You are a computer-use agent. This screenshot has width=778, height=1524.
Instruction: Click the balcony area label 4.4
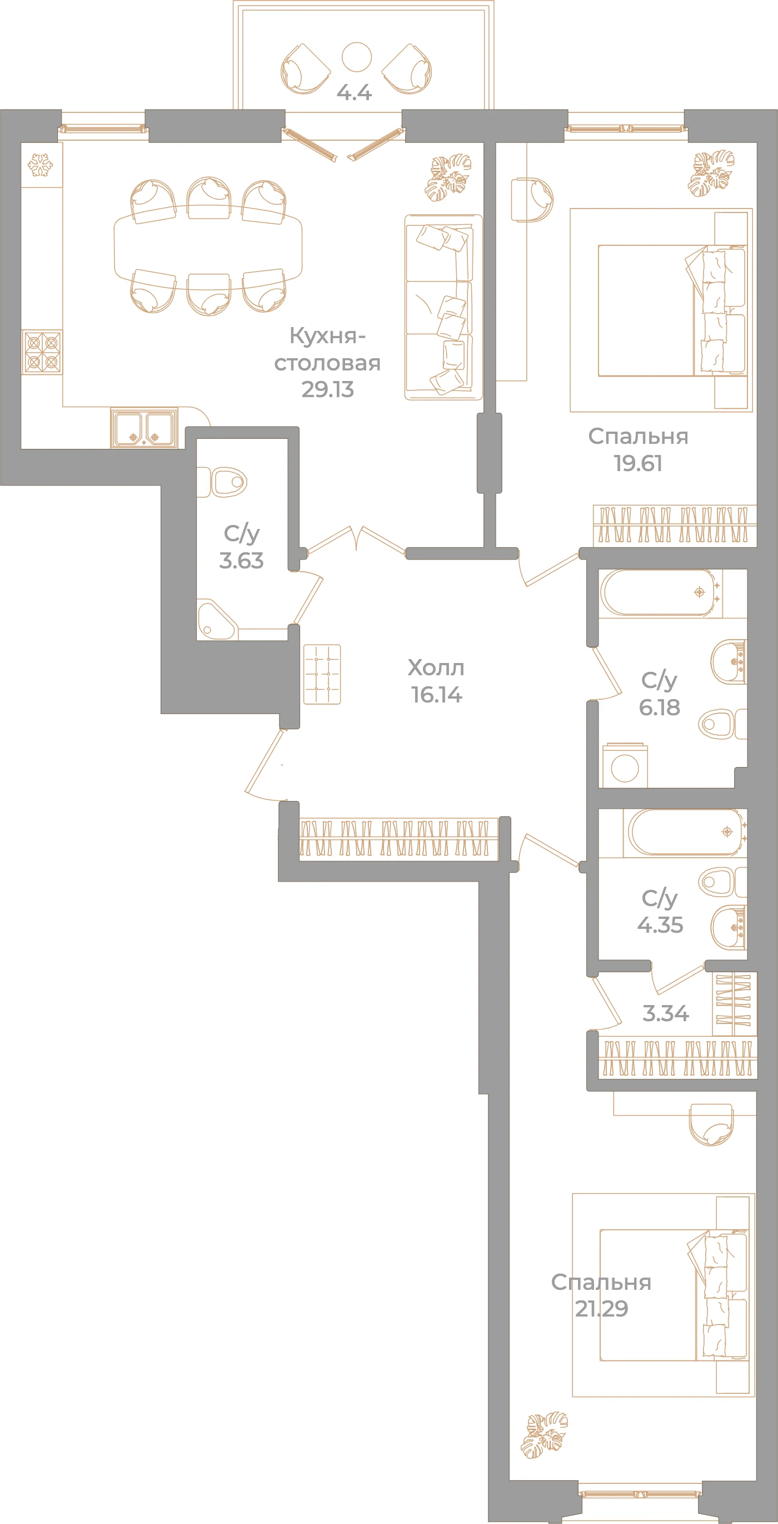(x=354, y=92)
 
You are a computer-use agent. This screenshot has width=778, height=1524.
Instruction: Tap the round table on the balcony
(x=356, y=57)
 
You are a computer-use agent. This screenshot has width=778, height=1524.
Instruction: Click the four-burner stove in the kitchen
(x=42, y=352)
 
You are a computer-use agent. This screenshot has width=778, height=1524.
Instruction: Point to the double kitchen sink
(x=144, y=428)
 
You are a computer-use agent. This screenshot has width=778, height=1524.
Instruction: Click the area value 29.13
(x=327, y=389)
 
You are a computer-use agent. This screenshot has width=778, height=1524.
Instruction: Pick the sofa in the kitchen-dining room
(x=443, y=307)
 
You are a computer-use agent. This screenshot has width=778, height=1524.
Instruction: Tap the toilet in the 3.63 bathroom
(x=222, y=482)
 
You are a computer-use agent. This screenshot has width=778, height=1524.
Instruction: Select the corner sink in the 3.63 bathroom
(x=216, y=620)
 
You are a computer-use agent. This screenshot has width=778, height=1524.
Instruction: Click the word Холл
(x=436, y=668)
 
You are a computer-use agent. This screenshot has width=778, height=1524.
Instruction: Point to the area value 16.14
(x=436, y=695)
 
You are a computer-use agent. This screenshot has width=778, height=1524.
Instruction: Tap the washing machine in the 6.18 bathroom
(x=625, y=766)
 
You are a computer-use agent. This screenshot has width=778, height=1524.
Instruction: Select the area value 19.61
(x=638, y=463)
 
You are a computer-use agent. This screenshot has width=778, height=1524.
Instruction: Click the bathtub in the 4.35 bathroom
(x=685, y=833)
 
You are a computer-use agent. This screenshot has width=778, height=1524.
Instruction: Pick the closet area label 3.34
(x=666, y=1013)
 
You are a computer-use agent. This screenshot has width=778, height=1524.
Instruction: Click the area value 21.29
(x=601, y=1308)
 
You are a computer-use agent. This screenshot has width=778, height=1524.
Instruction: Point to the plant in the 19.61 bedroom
(x=711, y=174)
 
